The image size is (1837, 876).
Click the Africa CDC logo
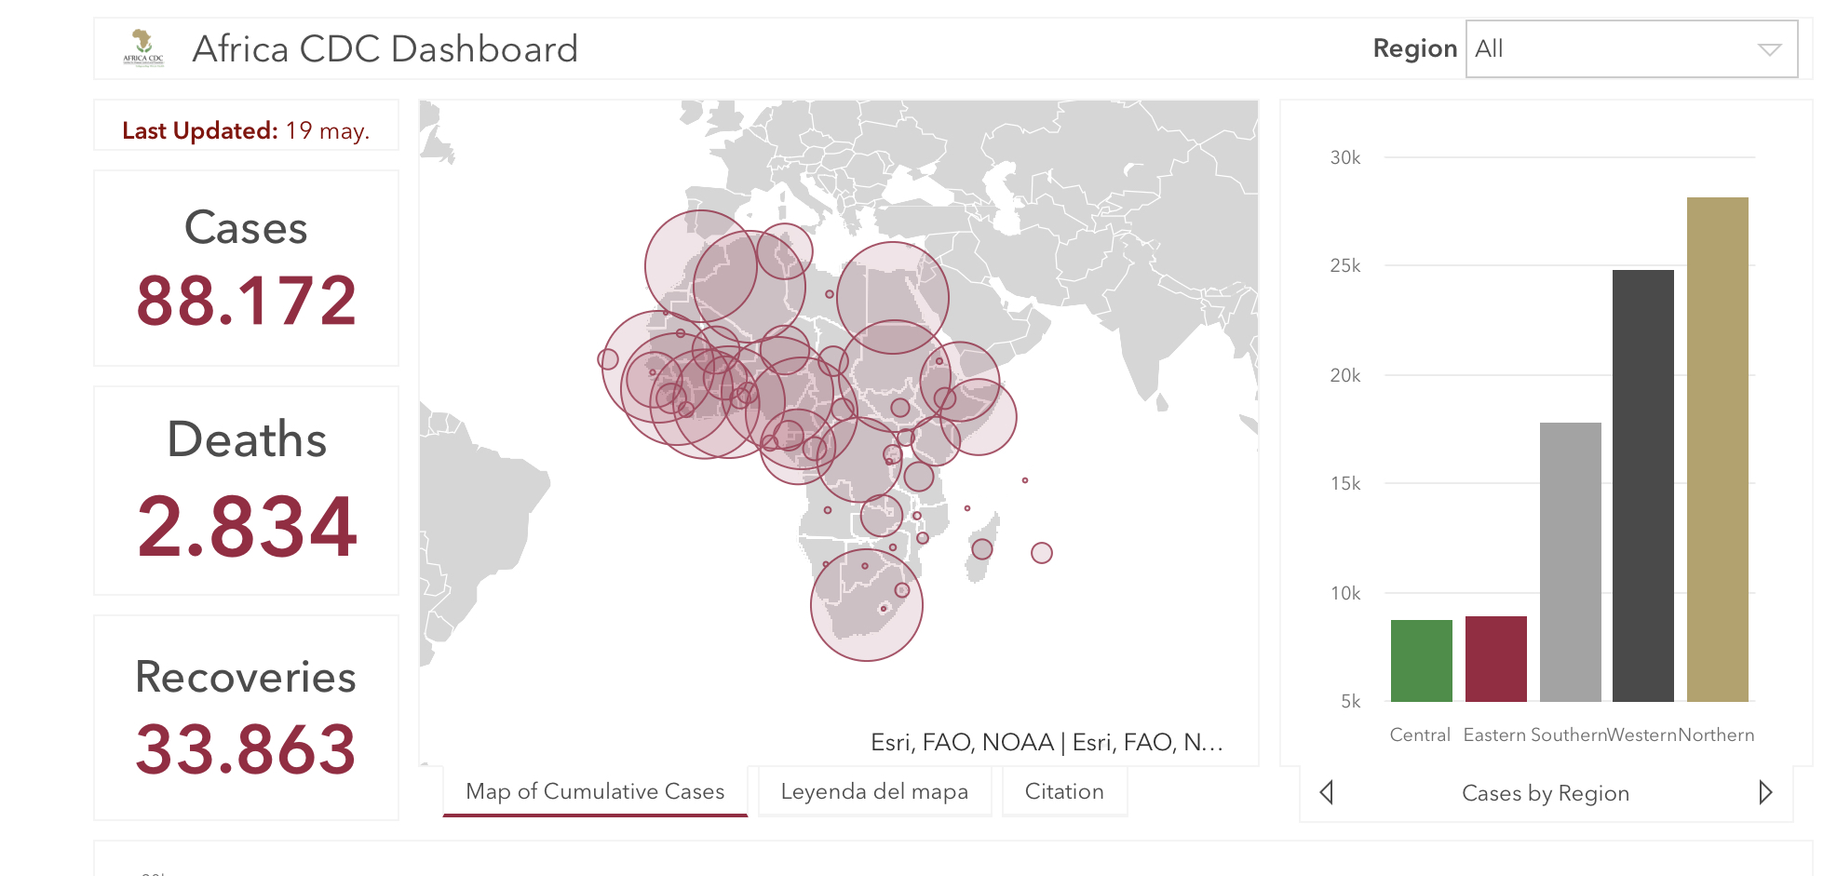(142, 47)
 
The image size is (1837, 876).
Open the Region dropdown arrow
(1769, 49)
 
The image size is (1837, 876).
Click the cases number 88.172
(247, 301)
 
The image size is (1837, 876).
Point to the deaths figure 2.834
(247, 527)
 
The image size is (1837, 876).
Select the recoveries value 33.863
(247, 749)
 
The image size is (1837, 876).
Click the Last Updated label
(199, 130)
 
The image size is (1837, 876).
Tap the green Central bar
(1421, 660)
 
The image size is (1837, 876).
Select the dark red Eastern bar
(1495, 658)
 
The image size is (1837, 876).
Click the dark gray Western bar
(1642, 485)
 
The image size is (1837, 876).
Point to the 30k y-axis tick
(1345, 157)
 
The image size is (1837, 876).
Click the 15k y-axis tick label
(1345, 483)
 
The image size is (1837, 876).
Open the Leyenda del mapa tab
(874, 791)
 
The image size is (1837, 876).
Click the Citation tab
(1064, 791)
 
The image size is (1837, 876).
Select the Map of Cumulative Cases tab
(595, 791)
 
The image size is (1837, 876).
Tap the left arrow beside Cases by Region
(1327, 792)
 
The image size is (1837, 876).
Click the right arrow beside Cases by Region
(1764, 792)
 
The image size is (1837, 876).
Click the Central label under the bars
(1420, 734)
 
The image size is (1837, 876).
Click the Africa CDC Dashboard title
(385, 49)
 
